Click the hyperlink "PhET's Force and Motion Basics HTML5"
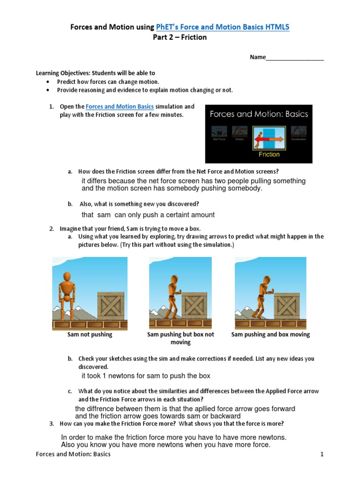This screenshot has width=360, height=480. (x=223, y=27)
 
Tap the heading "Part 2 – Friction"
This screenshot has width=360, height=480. (x=180, y=37)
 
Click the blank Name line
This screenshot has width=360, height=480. (x=294, y=58)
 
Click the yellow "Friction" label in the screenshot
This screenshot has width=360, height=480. (x=269, y=154)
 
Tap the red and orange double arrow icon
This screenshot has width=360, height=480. (x=269, y=139)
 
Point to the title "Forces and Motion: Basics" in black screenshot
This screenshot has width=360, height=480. (x=259, y=114)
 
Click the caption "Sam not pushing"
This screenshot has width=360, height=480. (x=90, y=335)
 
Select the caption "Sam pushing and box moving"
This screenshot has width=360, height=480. (x=270, y=335)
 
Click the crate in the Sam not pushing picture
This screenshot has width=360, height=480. (x=111, y=305)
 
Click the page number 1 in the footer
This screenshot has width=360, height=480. (x=322, y=454)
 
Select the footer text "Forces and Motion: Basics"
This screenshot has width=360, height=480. (x=73, y=454)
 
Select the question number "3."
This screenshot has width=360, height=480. (x=52, y=424)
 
